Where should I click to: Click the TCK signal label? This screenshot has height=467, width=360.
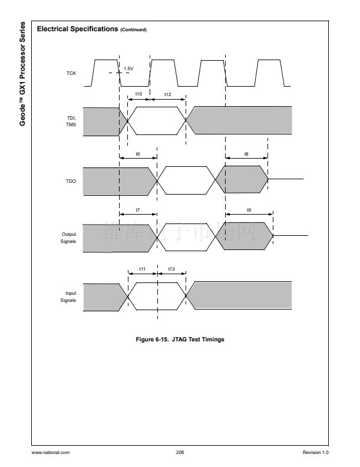[70, 73]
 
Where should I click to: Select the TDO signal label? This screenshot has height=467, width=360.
[70, 181]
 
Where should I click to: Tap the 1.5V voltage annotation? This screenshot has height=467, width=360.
[128, 68]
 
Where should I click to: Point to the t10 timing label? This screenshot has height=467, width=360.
[138, 94]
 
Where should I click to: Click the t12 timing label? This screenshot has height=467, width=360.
[168, 94]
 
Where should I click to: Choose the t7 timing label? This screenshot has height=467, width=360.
[138, 210]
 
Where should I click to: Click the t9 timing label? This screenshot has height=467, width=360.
[249, 210]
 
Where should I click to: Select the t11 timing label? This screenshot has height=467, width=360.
[142, 269]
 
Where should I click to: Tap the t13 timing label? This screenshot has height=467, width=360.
[171, 269]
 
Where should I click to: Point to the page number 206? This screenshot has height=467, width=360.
[180, 452]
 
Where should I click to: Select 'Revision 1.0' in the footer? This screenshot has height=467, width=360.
[316, 452]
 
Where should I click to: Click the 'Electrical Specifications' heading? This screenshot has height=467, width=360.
[77, 29]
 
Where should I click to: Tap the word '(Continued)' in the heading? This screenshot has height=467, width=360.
[134, 30]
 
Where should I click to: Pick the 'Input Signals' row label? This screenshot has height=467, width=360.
[69, 296]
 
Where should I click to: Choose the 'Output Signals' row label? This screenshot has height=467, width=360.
[69, 238]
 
